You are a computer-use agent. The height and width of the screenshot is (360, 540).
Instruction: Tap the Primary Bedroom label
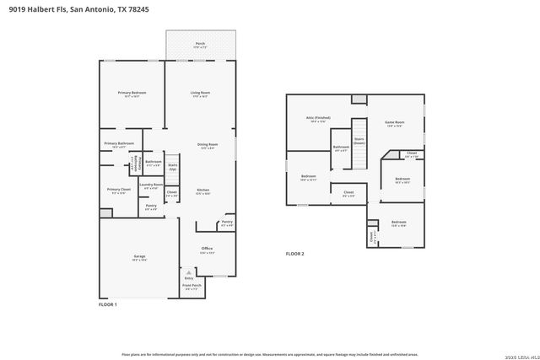(131, 93)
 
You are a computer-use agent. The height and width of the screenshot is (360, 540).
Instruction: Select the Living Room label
(200, 93)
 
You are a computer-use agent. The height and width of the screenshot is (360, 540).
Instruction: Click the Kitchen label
(202, 191)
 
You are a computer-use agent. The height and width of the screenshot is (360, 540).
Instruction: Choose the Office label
(207, 249)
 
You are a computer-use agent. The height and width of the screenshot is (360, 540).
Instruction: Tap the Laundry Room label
(152, 185)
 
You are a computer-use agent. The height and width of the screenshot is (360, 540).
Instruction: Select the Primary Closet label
(119, 191)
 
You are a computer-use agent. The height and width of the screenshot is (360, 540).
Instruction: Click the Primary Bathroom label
(119, 144)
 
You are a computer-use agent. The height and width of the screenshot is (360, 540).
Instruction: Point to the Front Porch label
(192, 286)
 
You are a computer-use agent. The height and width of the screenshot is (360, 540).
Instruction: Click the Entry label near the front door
(188, 277)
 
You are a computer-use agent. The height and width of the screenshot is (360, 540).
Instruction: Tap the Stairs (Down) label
(359, 141)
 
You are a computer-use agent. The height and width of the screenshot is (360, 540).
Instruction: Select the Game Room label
(395, 123)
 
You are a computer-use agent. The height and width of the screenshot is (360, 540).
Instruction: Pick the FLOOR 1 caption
(108, 304)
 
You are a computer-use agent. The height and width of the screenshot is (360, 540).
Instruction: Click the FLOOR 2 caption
(294, 253)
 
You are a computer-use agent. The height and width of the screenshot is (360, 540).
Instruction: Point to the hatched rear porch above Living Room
(200, 45)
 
